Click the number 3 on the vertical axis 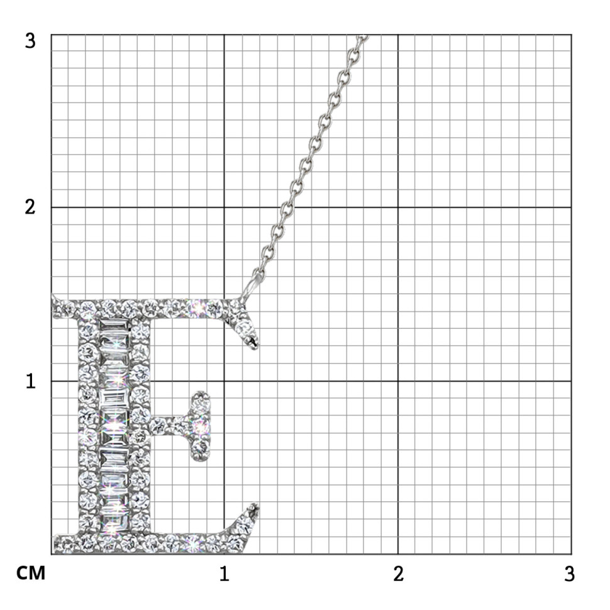point(30,41)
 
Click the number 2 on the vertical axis point(30,207)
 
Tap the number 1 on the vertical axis point(30,381)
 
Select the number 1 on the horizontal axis point(224,574)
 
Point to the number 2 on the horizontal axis point(398,574)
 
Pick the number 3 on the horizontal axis point(569,574)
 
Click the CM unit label point(31,574)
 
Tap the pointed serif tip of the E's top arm point(255,347)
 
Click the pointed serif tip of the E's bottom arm point(255,506)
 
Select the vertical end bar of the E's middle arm point(201,426)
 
